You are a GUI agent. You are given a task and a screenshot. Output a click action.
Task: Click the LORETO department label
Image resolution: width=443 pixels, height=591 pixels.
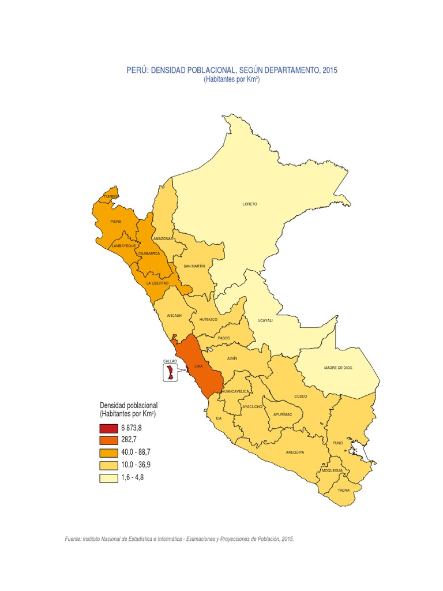click(250, 204)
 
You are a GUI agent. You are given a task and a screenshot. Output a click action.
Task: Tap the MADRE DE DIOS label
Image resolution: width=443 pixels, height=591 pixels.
click(338, 367)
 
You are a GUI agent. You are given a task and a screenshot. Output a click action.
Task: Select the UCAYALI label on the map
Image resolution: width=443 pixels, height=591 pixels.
click(265, 320)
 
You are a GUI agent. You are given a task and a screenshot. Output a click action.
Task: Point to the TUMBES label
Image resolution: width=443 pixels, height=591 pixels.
click(111, 197)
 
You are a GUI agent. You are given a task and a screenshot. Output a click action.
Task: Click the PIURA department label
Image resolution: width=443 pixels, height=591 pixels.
click(116, 221)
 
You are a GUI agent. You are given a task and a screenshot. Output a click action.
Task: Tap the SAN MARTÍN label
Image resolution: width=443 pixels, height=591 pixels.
click(194, 266)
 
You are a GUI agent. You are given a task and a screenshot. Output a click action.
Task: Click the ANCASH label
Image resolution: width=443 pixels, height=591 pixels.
click(174, 316)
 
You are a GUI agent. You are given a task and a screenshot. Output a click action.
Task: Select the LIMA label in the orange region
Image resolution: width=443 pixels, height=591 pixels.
click(198, 366)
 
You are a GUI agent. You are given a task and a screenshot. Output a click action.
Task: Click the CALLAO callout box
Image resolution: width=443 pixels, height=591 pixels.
click(170, 370)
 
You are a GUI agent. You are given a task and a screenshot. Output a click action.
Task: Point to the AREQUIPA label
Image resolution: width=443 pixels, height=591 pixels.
click(295, 452)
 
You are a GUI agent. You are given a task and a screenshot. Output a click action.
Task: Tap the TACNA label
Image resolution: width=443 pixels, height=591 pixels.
click(344, 490)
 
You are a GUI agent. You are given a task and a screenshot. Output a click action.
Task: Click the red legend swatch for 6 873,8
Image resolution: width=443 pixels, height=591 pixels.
click(108, 428)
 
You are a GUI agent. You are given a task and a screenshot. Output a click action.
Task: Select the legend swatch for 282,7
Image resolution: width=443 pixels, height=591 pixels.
click(108, 441)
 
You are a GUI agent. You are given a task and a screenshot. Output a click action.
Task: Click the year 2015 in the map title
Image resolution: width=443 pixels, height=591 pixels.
click(330, 70)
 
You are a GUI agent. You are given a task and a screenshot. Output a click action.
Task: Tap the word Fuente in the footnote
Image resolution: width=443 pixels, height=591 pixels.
click(73, 538)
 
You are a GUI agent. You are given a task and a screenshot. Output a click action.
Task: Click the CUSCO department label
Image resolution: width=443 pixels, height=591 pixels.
click(301, 397)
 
